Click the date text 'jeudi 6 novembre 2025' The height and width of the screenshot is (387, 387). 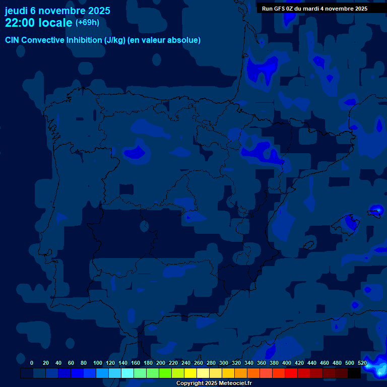pos(57,11)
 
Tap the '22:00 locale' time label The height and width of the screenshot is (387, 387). pos(39,23)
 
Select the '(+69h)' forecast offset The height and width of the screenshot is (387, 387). pos(87,23)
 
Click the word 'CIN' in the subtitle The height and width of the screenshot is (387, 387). pos(12,40)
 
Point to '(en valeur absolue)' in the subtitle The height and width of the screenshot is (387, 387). pos(164,40)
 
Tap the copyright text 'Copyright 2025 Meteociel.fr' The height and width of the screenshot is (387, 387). pos(214,383)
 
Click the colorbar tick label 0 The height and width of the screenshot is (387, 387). pos(32,363)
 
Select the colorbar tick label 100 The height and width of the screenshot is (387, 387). pos(97,363)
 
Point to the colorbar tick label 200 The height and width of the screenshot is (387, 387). pos(160,363)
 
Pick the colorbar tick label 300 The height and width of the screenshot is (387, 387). pos(223,363)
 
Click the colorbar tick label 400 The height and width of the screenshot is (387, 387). pos(286,363)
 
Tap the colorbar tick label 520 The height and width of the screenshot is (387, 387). pos(362,363)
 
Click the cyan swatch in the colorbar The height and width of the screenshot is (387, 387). pos(127,373)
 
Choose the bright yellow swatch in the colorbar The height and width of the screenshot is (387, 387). pos(190,373)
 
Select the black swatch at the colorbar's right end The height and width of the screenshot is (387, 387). pos(354,373)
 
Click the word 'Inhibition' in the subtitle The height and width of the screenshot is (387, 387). pos(83,40)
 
